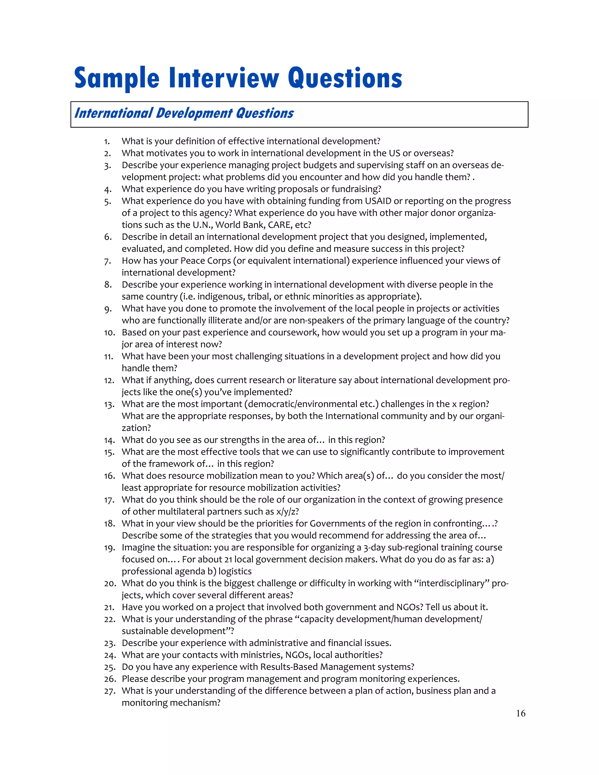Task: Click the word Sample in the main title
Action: pyautogui.click(x=117, y=78)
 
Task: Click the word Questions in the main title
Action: pyautogui.click(x=345, y=78)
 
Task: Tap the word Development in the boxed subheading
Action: pyautogui.click(x=194, y=113)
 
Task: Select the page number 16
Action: pyautogui.click(x=521, y=713)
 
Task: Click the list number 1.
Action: pyautogui.click(x=107, y=142)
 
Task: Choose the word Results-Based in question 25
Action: pyautogui.click(x=289, y=667)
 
